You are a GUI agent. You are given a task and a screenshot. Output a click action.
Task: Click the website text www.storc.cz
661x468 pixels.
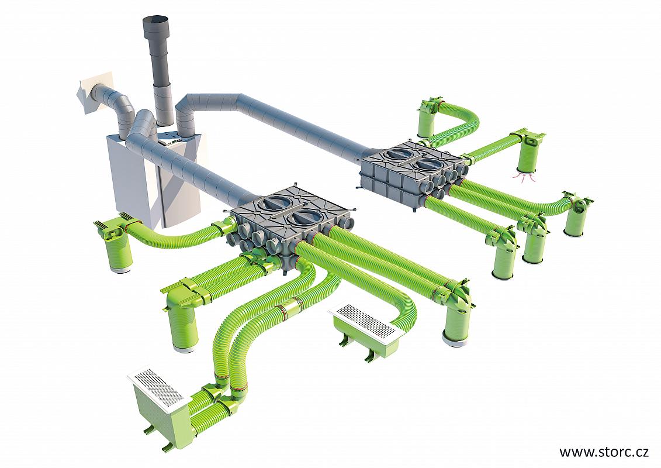pyautogui.click(x=604, y=452)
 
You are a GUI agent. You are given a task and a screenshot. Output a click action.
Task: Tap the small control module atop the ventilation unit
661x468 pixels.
pyautogui.click(x=171, y=141)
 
